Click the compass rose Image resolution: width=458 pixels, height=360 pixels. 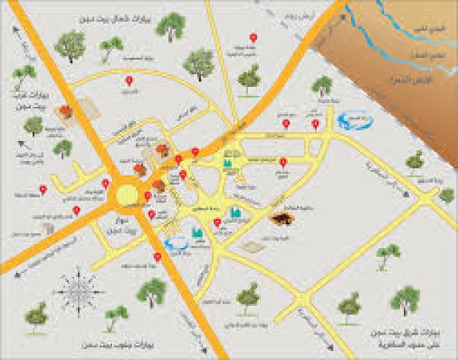(x=76, y=289)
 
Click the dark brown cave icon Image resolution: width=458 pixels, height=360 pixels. (x=281, y=219)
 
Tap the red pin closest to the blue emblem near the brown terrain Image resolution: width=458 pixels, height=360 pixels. (x=315, y=123)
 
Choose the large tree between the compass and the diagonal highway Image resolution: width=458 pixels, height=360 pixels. (x=152, y=290)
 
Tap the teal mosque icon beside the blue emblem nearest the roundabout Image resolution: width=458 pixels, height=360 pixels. (x=197, y=233)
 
